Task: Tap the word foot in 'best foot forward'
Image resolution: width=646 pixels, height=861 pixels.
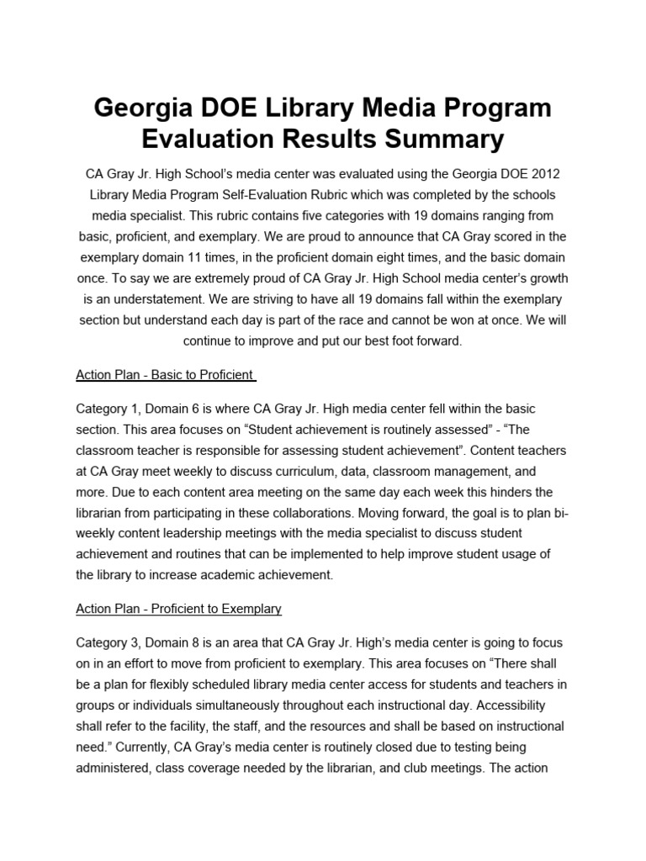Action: (394, 341)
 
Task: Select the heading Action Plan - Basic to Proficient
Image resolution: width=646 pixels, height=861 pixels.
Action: (166, 375)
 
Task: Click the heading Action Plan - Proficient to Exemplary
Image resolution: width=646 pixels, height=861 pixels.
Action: (178, 608)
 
